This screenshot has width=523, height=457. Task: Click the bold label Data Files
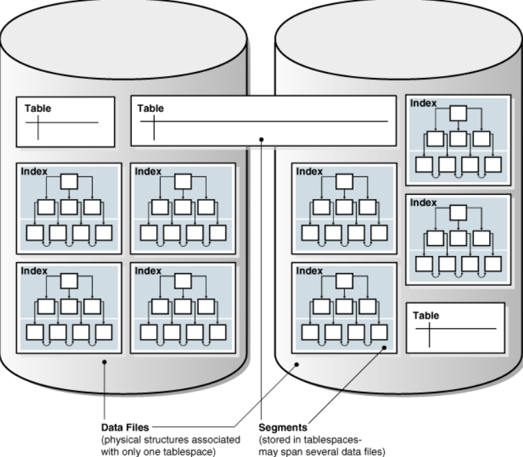(x=125, y=427)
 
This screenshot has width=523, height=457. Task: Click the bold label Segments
(x=283, y=427)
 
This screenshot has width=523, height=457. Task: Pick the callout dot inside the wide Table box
(x=261, y=139)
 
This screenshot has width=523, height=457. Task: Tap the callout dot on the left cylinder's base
(x=105, y=362)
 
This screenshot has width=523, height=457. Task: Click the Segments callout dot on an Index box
(x=384, y=348)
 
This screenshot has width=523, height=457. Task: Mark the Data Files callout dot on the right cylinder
(x=297, y=364)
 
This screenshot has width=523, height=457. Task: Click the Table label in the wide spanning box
(x=150, y=108)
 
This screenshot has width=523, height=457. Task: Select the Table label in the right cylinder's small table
(x=426, y=315)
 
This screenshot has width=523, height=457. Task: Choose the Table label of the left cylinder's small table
(x=37, y=108)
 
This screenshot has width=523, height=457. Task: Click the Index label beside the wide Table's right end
(x=423, y=103)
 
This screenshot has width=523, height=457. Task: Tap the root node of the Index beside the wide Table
(x=458, y=113)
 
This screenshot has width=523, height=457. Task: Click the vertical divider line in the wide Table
(x=154, y=128)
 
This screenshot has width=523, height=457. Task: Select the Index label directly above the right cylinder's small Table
(x=423, y=202)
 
